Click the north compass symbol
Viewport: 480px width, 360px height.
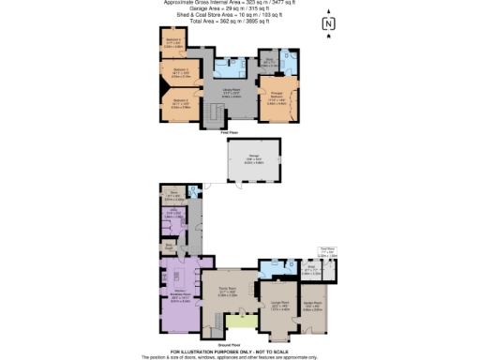pyautogui.click(x=327, y=24)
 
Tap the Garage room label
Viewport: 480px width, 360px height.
pyautogui.click(x=253, y=159)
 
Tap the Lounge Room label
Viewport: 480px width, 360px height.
pyautogui.click(x=278, y=306)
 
